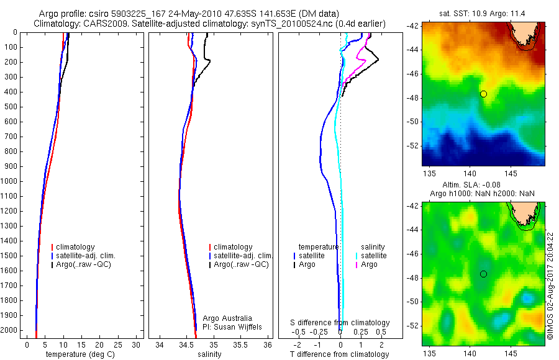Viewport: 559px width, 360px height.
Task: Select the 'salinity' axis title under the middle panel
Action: [x=209, y=354]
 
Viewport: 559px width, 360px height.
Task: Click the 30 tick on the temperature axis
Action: [x=137, y=345]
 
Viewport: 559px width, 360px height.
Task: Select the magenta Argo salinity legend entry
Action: [x=369, y=264]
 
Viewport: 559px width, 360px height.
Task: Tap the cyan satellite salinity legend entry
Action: [x=373, y=256]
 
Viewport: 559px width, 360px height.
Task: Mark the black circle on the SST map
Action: [x=483, y=94]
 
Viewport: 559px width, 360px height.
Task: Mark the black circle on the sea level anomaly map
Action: [x=483, y=274]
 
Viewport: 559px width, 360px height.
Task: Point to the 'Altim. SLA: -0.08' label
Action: [x=483, y=185]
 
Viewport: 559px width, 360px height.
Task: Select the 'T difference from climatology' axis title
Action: [x=339, y=354]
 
